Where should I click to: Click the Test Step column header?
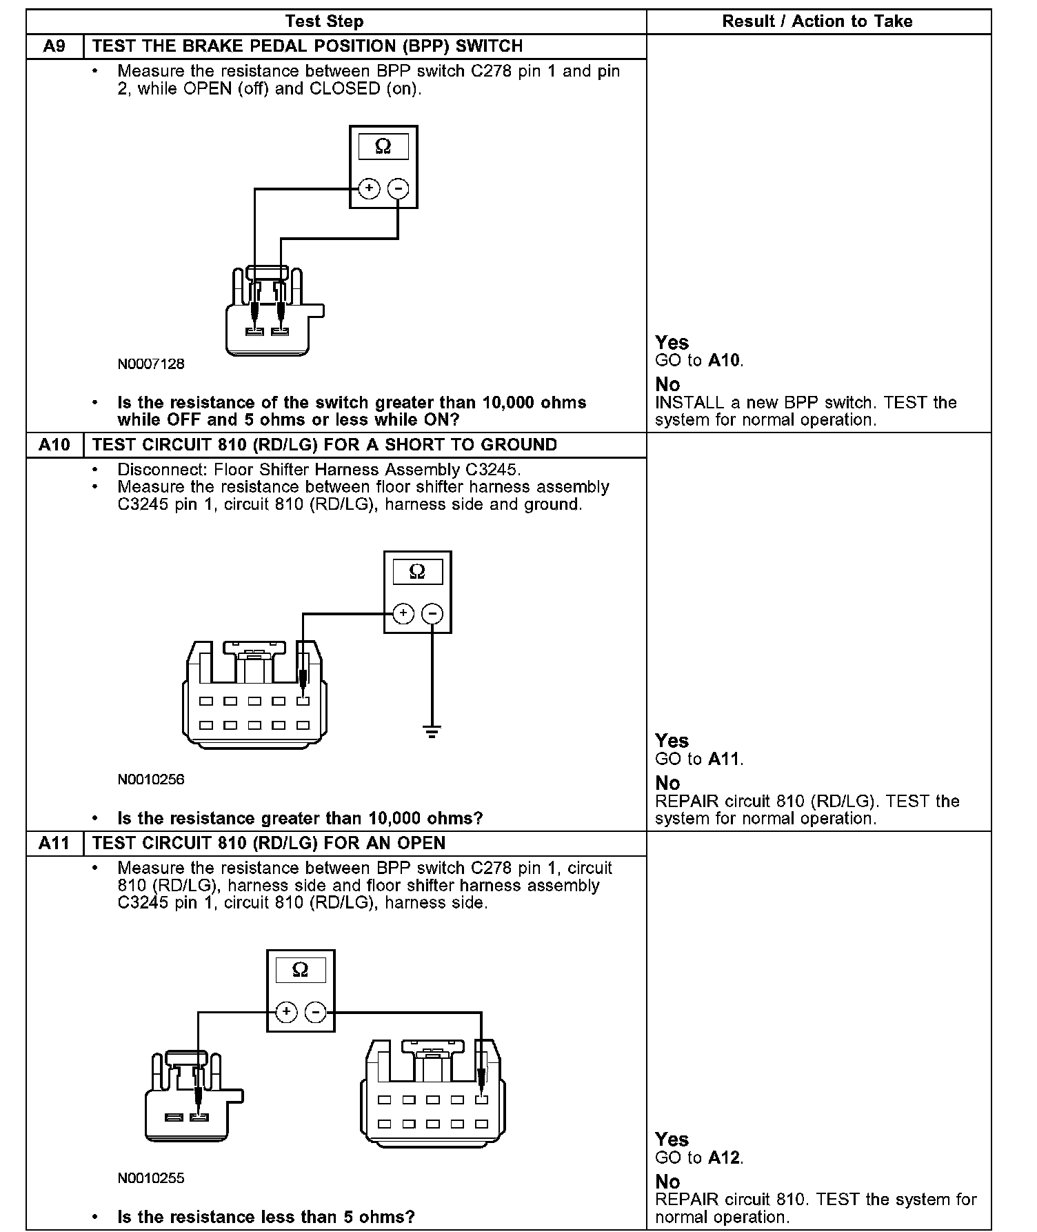point(324,21)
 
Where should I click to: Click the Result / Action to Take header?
point(817,21)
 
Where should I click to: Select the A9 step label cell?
point(54,46)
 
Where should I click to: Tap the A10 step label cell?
point(54,445)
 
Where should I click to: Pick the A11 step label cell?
point(54,843)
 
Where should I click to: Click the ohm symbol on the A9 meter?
point(383,146)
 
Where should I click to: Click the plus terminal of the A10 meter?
point(403,613)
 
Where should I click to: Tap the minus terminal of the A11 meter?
point(315,1012)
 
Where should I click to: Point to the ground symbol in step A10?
point(432,733)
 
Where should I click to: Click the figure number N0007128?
point(151,364)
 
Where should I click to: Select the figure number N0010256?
point(151,779)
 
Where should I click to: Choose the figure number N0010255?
point(151,1178)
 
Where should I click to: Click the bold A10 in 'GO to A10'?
point(725,360)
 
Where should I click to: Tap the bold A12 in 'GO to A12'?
point(725,1158)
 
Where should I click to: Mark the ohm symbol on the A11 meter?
point(301,970)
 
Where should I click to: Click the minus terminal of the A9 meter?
point(398,188)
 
